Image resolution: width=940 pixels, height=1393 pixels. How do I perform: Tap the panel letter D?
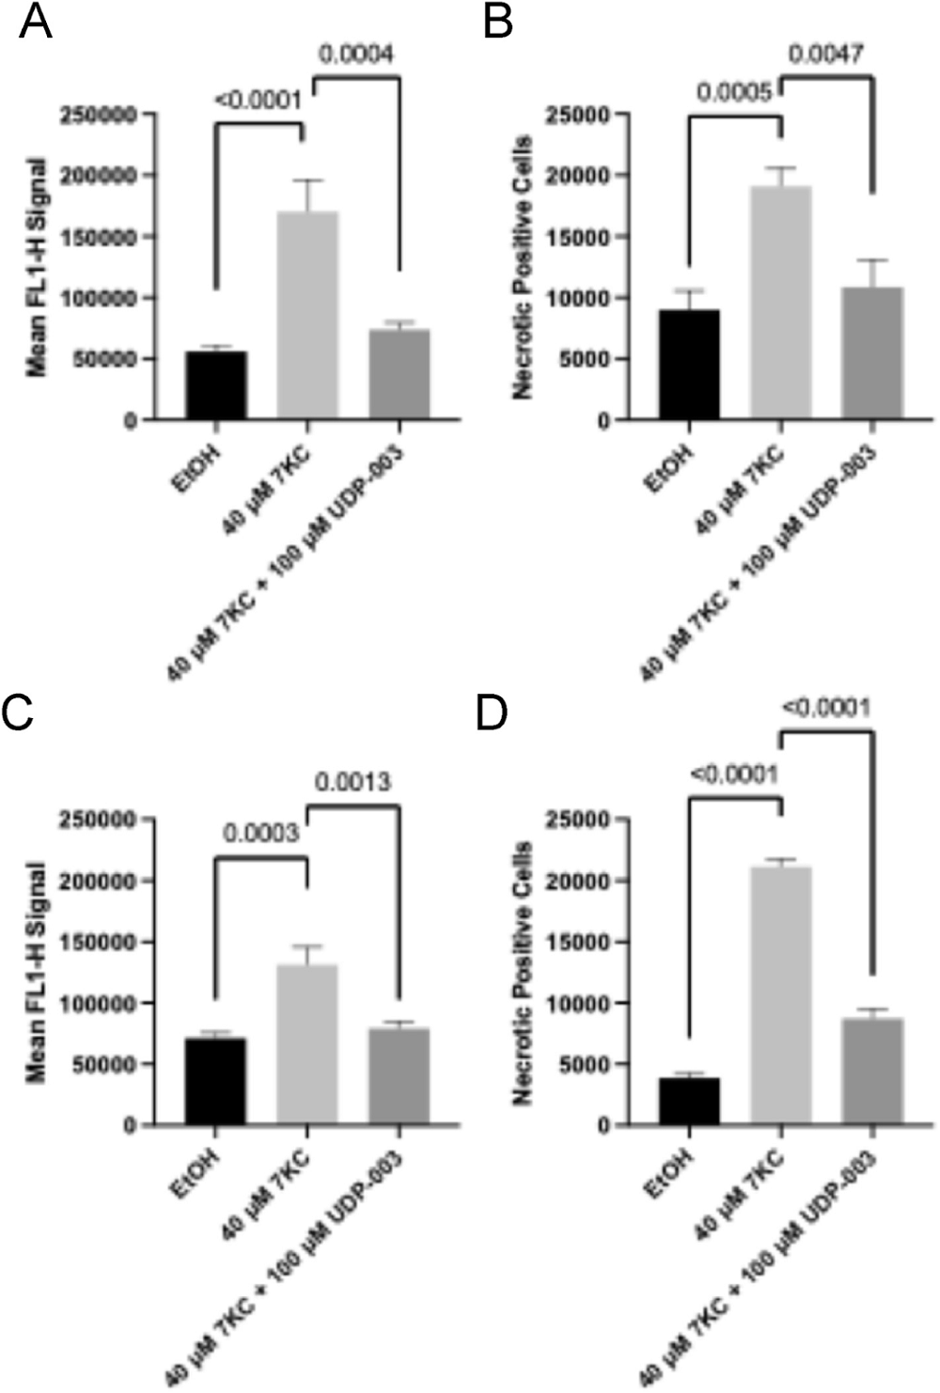click(492, 713)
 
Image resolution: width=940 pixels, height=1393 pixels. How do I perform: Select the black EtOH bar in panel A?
click(215, 385)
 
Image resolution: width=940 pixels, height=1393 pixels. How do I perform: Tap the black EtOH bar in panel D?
click(689, 1101)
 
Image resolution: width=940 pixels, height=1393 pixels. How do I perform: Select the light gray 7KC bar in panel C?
click(307, 1043)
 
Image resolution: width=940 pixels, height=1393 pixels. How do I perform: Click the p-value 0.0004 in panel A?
click(355, 54)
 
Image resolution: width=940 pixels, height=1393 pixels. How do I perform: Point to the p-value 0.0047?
click(824, 54)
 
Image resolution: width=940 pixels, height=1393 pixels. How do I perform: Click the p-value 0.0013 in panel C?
click(352, 781)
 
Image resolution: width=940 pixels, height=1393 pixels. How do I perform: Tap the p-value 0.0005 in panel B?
click(734, 92)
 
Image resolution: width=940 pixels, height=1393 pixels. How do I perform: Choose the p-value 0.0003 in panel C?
click(260, 832)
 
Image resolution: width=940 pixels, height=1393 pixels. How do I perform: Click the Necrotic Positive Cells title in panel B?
click(524, 268)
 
